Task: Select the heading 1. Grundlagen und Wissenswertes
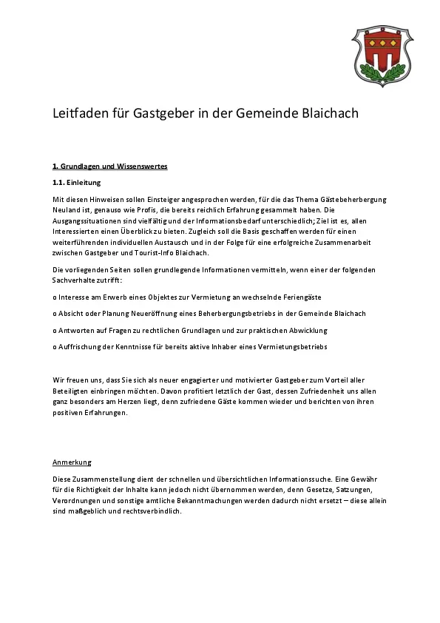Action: pyautogui.click(x=109, y=166)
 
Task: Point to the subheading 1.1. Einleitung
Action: pyautogui.click(x=76, y=183)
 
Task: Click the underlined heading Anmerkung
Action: pyautogui.click(x=72, y=462)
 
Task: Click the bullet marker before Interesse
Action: pyautogui.click(x=55, y=297)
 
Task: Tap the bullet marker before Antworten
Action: pyautogui.click(x=55, y=330)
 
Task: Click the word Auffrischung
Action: pyautogui.click(x=81, y=346)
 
